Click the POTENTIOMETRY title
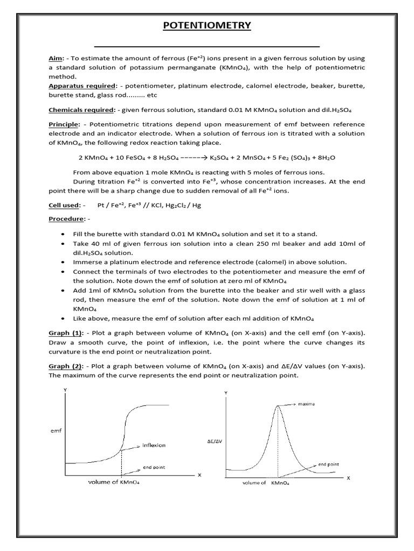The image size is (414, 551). click(x=206, y=26)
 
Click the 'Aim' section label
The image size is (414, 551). click(x=54, y=58)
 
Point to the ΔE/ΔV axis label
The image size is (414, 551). click(x=215, y=441)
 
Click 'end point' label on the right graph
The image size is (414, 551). click(x=329, y=464)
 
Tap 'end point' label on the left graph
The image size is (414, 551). click(x=153, y=468)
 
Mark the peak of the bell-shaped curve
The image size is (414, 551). click(x=278, y=406)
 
